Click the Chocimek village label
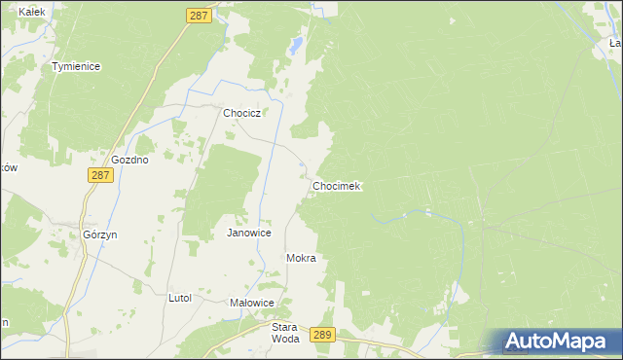tap(337, 186)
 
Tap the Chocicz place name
tap(242, 113)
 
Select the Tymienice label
tap(76, 66)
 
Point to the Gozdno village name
tap(129, 160)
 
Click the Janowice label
tap(248, 234)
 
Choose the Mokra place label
tap(302, 258)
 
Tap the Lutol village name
tap(180, 298)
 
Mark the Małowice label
tap(251, 303)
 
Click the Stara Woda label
tap(283, 334)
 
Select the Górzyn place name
tap(100, 235)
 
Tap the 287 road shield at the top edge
tap(198, 16)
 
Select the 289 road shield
tap(324, 335)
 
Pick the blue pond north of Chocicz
tap(294, 46)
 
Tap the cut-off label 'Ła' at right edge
tap(615, 43)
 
